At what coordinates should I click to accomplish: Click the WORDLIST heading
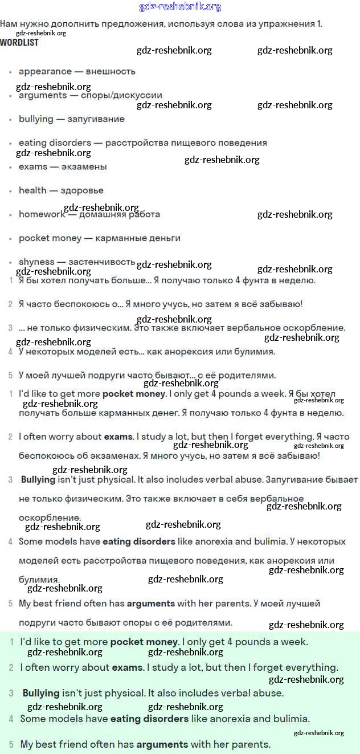19,43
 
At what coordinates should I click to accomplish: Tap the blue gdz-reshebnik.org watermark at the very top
180,7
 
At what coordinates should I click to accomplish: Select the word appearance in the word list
45,72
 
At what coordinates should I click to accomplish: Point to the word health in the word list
32,190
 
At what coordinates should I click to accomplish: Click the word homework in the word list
42,214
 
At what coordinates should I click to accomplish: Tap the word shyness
36,262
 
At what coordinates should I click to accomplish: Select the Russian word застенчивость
101,262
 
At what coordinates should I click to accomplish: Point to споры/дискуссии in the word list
121,95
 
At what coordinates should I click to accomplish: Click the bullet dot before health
11,191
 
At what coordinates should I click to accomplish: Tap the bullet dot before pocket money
11,239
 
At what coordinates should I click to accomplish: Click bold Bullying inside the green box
41,693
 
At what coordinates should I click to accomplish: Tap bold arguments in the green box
162,744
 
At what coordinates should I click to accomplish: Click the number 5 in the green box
11,744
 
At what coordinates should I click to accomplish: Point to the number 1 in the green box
12,642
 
